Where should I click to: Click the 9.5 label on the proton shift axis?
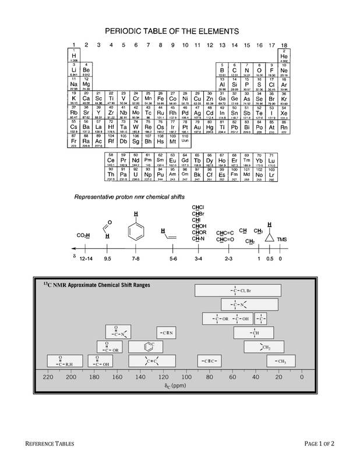pyautogui.click(x=108, y=257)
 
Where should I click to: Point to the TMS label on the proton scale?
pyautogui.click(x=282, y=240)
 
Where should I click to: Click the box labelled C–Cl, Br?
pyautogui.click(x=238, y=290)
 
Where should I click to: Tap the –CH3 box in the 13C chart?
pyautogui.click(x=280, y=361)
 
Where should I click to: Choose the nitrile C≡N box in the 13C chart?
pyautogui.click(x=167, y=332)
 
